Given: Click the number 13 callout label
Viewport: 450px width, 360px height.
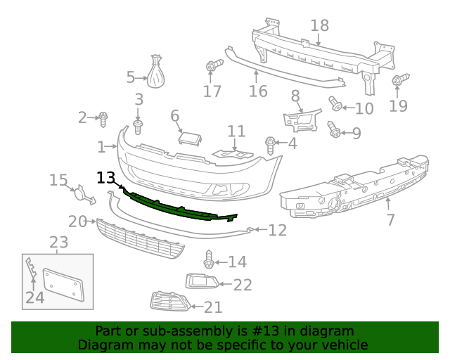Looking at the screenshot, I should click(x=105, y=177).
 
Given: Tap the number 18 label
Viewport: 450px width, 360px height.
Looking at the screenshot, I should click(x=319, y=26).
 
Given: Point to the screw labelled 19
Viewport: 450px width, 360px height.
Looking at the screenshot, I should click(x=399, y=82).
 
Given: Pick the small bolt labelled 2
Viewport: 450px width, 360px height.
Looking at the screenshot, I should click(x=103, y=118).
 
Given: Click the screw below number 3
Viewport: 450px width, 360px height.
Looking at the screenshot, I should click(x=138, y=127).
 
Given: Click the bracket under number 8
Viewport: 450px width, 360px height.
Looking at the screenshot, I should click(x=302, y=120).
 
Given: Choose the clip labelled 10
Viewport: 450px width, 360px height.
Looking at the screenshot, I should click(x=336, y=105).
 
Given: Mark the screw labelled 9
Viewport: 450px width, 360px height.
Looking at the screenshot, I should click(x=334, y=129).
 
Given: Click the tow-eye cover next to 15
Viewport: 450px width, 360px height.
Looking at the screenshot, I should click(x=82, y=192).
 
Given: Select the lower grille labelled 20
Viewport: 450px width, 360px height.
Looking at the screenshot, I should click(x=141, y=239).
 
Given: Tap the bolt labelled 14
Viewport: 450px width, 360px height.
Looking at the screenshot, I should click(x=209, y=259).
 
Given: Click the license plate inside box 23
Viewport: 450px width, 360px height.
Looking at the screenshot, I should click(x=64, y=287).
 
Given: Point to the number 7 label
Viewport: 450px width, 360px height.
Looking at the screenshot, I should click(x=391, y=220).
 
